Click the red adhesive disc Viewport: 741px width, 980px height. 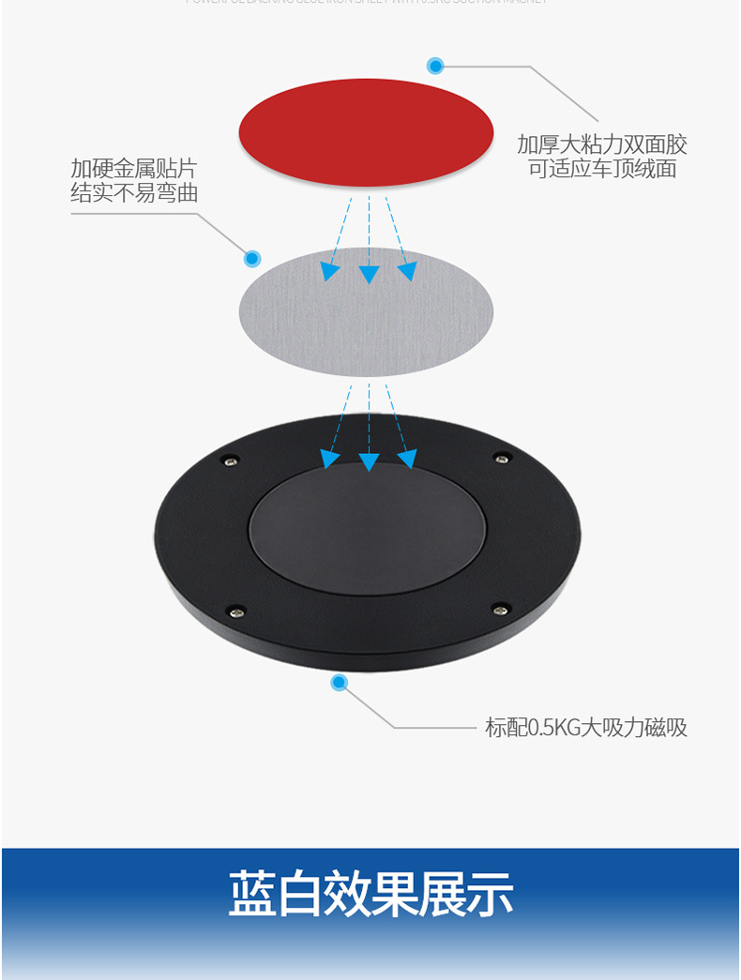point(366,131)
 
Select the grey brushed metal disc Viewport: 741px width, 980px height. point(366,312)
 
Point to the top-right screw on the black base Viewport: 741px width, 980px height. point(504,458)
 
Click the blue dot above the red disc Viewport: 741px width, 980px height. point(435,66)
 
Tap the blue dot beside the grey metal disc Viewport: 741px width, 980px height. point(252,258)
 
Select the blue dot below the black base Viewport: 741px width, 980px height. point(339,683)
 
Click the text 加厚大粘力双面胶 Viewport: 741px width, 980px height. point(602,144)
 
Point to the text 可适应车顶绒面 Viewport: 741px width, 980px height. point(602,169)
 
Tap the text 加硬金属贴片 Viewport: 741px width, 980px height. point(134,169)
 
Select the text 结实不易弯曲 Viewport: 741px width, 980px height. point(134,193)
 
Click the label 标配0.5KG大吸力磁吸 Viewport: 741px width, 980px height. point(586,728)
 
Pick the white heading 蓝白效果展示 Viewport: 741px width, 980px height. point(370,894)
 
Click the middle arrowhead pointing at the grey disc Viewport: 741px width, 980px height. point(370,274)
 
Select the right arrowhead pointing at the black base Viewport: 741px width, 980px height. point(407,460)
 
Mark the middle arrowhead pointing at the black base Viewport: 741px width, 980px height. point(370,461)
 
